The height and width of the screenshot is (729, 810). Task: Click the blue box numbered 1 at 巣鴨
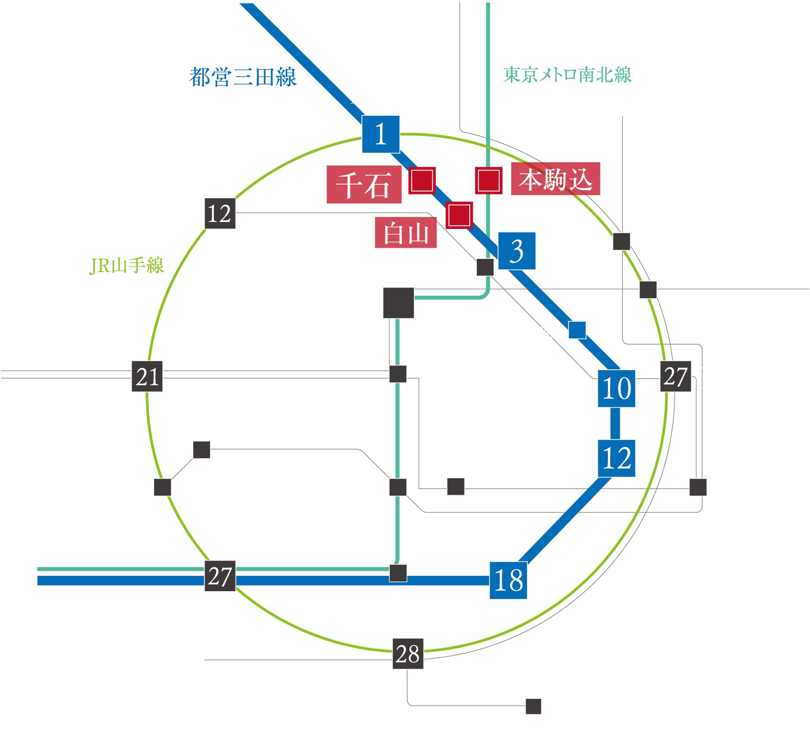point(381,134)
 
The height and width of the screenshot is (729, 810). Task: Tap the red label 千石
point(364,185)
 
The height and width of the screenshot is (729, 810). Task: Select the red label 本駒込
point(556,179)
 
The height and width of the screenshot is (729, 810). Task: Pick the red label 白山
point(405,233)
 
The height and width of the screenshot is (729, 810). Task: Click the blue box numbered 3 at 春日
point(517,251)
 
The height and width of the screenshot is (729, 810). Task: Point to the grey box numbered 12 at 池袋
point(220,214)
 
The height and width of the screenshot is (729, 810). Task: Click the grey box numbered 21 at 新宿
point(147,376)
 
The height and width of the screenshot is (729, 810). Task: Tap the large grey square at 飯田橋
point(398,303)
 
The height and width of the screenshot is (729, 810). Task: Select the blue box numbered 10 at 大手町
point(616,389)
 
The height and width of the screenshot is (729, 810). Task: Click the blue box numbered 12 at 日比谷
point(616,458)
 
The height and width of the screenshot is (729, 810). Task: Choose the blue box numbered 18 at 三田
point(508,580)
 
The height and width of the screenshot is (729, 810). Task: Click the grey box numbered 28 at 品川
point(408,654)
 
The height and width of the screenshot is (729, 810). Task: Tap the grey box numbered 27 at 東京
point(675,376)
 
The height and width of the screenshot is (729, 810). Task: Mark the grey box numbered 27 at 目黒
point(220,576)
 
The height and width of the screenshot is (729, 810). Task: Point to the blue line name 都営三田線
point(243,77)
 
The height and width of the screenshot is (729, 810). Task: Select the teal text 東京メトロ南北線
point(567,75)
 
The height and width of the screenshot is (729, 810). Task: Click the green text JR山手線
point(127,266)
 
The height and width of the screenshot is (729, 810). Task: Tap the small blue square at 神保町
point(577,330)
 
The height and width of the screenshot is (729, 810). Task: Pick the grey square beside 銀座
point(698,487)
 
